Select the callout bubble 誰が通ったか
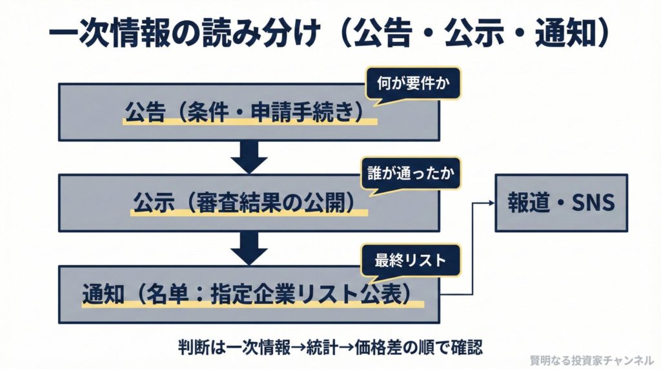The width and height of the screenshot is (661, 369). point(413,174)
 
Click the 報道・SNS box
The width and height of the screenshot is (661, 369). point(560,203)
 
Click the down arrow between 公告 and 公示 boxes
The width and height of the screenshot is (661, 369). point(249,157)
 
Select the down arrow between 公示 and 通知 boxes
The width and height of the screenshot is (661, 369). point(249,247)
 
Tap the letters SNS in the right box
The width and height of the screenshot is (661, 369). point(589,203)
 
